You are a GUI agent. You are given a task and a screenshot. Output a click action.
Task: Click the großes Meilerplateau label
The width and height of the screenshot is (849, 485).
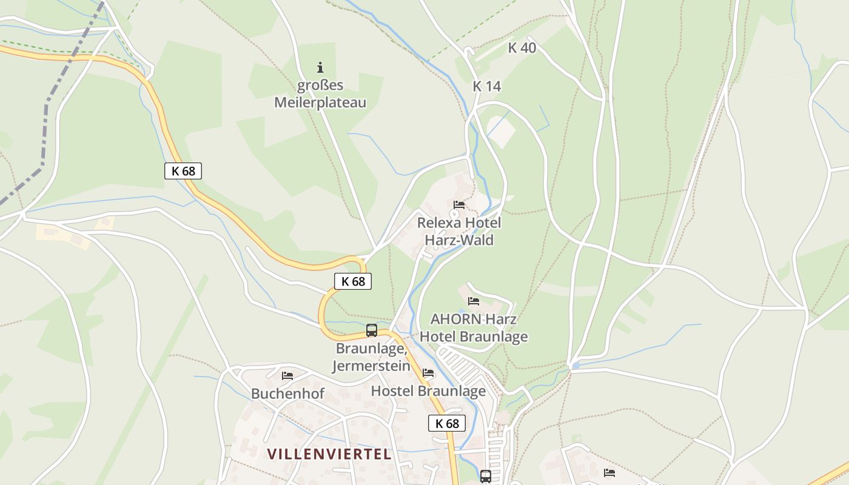pos(320,94)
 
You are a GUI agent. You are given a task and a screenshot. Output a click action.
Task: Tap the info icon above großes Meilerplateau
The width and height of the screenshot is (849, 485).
pos(320,67)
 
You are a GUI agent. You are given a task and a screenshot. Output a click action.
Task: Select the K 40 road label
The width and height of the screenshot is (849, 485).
pos(522,48)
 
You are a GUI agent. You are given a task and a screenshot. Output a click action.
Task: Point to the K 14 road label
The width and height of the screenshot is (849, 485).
pos(487,86)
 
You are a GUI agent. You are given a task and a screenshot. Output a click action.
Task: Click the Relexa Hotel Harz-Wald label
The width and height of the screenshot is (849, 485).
pos(459,231)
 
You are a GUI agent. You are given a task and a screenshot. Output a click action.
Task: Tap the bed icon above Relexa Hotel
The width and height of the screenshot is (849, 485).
pos(459,205)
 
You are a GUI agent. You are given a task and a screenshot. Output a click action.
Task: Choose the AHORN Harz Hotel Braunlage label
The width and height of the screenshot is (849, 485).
pos(474,327)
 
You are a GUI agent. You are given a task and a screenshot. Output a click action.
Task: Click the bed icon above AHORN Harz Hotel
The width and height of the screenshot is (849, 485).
pos(474,301)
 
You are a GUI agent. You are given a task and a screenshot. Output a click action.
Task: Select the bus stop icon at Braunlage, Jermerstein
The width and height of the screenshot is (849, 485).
pos(372,330)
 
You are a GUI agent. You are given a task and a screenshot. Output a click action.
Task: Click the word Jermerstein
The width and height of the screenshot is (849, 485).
pos(371,366)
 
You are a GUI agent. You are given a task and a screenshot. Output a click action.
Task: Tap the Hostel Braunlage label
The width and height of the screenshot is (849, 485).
pos(428,391)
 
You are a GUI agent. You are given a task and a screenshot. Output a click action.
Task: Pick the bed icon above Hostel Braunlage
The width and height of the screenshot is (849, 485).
pos(428,373)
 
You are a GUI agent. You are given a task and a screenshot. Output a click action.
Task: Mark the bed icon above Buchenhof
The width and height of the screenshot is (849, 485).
pos(287,376)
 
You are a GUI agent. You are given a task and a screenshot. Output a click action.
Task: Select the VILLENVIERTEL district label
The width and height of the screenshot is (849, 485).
pos(329,453)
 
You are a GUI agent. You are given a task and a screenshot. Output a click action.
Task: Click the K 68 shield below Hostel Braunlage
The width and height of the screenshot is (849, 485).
pos(447,423)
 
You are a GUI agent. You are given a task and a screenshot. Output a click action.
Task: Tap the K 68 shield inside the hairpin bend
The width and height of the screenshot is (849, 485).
pos(352,281)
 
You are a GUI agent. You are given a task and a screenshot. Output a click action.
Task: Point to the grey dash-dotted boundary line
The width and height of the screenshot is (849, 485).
pos(46,121)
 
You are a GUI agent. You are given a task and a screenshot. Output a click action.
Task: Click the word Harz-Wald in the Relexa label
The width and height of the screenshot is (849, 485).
pos(459,240)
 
